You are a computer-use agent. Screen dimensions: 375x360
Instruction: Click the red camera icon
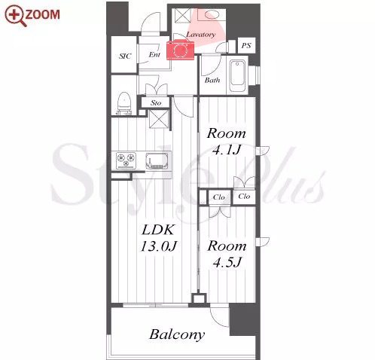(x=180, y=50)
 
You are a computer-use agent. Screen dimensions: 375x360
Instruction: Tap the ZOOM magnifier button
(x=32, y=15)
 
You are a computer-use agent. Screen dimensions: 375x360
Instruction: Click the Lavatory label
(x=201, y=35)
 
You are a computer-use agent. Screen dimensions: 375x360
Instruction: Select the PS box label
(x=246, y=45)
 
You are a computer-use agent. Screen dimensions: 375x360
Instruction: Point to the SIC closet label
(x=125, y=56)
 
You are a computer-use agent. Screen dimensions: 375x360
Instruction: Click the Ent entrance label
(x=154, y=54)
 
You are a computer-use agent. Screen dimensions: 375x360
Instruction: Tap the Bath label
(x=212, y=80)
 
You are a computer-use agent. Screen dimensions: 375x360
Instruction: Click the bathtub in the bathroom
(x=238, y=76)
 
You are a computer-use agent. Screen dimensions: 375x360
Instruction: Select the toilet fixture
(x=124, y=103)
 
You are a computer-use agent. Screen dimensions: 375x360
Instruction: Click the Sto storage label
(x=156, y=102)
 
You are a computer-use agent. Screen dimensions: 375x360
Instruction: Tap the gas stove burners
(x=126, y=160)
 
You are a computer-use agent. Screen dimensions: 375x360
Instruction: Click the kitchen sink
(x=157, y=160)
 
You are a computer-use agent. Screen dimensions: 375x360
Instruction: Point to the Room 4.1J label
(x=227, y=142)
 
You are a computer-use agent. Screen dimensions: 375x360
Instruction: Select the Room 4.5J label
(x=227, y=254)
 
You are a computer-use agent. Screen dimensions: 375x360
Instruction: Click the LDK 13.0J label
(x=158, y=238)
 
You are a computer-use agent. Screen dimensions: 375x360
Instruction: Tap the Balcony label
(x=177, y=334)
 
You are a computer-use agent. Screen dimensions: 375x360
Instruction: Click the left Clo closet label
(x=218, y=197)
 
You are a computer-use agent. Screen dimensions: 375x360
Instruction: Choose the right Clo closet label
(x=244, y=196)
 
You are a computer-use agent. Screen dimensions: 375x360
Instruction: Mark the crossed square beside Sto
(x=159, y=119)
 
